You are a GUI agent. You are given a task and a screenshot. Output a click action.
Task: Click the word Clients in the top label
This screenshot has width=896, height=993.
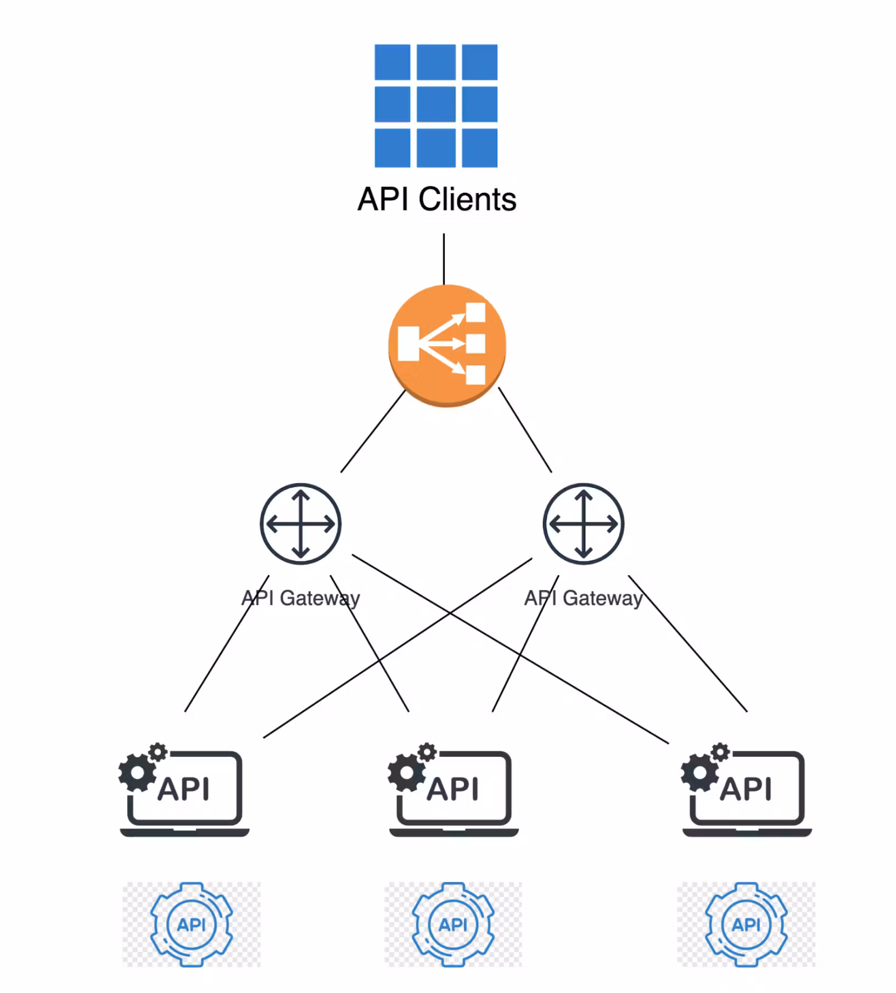coord(467,199)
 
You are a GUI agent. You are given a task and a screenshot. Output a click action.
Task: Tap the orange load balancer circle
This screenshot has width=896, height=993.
coord(446,345)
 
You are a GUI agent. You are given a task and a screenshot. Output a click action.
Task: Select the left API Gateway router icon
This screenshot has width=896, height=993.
coord(300,524)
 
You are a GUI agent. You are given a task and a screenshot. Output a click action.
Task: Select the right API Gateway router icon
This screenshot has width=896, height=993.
coord(583,524)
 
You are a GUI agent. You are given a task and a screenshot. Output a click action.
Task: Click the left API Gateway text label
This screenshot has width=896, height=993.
coord(300,598)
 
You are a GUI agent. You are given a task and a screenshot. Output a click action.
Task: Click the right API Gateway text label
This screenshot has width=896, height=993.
coord(583,598)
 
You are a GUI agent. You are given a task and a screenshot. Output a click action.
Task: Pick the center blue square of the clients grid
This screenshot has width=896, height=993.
coord(436,104)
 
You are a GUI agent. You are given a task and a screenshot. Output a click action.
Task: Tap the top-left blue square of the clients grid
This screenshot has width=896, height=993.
coord(392,62)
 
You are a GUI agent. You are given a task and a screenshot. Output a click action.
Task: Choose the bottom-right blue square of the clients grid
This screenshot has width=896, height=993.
coord(479,148)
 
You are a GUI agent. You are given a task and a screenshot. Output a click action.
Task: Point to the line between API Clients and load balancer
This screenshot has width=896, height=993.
coord(444,259)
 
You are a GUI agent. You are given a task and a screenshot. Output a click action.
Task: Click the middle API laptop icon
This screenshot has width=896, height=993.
coord(454,791)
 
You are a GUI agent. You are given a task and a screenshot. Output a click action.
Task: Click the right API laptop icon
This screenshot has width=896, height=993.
coord(747,791)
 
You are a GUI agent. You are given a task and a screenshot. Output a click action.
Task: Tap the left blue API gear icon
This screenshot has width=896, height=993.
coord(191,924)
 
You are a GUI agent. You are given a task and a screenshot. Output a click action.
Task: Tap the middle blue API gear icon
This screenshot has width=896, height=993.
coord(453,924)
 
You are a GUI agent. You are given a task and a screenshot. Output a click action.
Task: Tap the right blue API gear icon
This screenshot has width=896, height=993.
coord(746,924)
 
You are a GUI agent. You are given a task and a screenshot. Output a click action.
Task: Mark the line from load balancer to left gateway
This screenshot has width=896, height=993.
coord(373,431)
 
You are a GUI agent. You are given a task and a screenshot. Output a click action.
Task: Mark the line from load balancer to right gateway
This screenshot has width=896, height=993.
coord(525,429)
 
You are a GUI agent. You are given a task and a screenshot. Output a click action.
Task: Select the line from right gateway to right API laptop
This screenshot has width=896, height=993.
coord(687,643)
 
